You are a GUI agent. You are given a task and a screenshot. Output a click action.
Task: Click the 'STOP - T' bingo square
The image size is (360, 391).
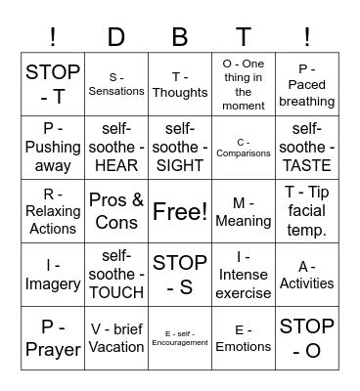pos(53,84)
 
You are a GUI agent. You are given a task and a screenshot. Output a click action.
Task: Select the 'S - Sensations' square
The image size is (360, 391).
pos(116,84)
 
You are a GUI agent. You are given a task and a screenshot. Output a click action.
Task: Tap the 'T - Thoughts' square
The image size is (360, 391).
pos(180,84)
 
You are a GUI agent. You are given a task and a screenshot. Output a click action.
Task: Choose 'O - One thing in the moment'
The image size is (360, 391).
pos(244,84)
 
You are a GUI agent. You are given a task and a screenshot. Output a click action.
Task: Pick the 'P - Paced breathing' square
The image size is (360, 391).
pos(307,84)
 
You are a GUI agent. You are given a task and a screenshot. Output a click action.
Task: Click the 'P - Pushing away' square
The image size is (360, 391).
pos(53,147)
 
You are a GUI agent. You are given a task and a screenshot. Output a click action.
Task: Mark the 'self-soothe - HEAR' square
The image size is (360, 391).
pos(116,147)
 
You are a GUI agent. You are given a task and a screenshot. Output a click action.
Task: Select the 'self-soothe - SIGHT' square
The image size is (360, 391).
pos(180,147)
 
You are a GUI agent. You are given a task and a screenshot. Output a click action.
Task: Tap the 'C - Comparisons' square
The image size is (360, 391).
pos(244,147)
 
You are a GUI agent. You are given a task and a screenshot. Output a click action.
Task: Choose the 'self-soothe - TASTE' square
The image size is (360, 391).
pos(307,147)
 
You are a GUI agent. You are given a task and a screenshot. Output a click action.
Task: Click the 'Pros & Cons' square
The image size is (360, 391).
pos(116,211)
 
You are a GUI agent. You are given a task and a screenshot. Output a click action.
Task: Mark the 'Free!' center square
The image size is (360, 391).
pos(180,211)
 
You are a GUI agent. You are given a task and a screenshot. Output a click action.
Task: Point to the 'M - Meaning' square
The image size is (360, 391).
pos(244,211)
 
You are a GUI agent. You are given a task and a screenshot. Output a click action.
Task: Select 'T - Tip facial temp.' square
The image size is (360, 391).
pos(307,211)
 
